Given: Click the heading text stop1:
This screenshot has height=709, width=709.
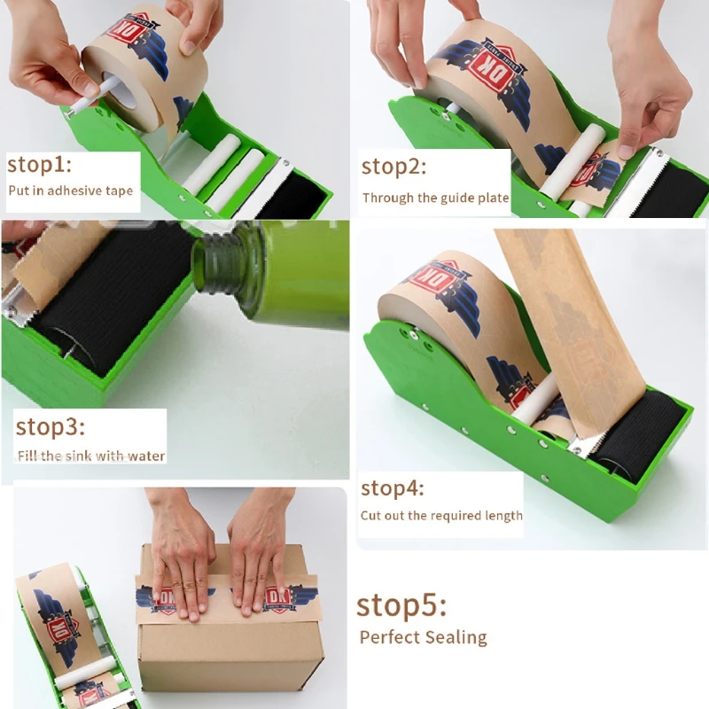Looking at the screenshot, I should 40,166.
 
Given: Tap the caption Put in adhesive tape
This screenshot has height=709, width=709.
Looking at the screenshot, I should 70,191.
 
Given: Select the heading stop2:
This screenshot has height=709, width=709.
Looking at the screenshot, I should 393,167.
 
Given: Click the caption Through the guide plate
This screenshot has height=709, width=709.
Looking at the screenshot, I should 435,198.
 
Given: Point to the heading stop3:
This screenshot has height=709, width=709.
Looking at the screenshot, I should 50,426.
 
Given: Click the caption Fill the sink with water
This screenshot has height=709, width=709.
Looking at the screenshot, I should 91,456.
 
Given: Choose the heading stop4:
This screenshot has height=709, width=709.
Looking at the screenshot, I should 393,487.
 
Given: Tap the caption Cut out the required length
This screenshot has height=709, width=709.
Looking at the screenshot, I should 441,515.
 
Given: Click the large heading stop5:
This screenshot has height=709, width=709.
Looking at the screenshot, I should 401,605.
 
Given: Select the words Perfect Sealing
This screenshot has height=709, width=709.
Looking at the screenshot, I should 423,637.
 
